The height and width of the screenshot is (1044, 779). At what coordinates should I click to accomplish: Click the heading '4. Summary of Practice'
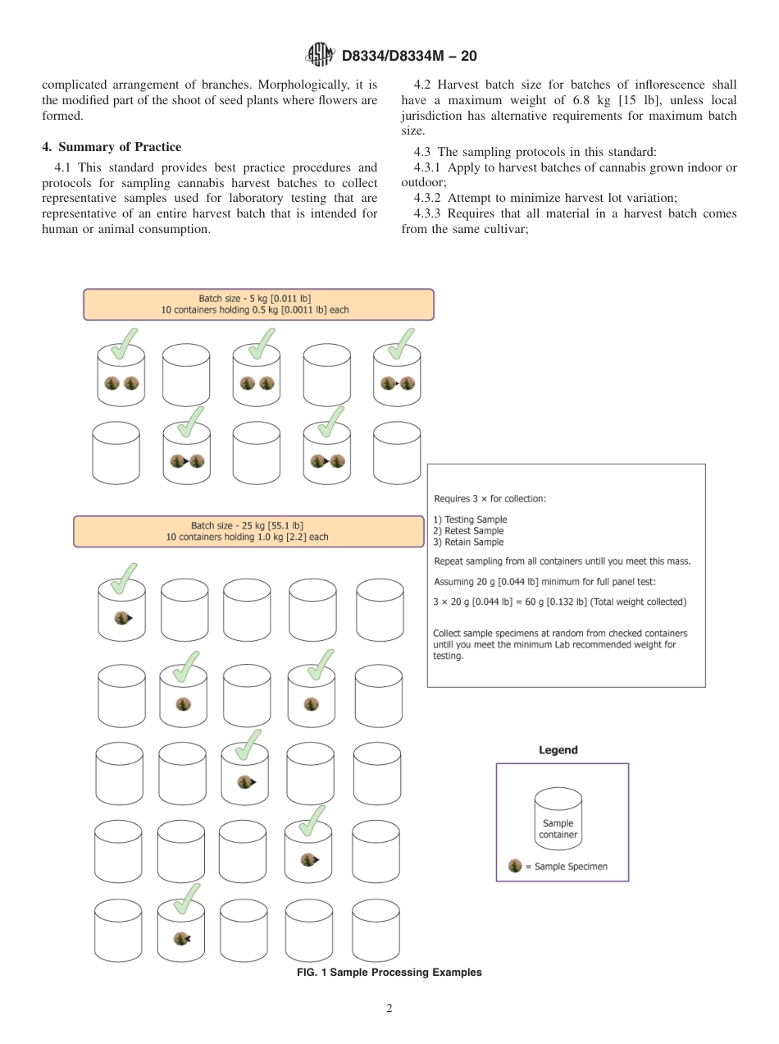click(112, 147)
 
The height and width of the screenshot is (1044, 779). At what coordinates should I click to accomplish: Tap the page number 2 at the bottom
click(389, 1008)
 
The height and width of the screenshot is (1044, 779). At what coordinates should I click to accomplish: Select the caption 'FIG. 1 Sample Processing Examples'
click(389, 973)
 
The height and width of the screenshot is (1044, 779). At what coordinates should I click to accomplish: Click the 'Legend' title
click(558, 750)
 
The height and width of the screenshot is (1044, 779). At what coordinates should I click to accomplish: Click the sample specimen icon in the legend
click(515, 866)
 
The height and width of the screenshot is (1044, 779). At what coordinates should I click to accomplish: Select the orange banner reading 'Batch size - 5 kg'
click(258, 304)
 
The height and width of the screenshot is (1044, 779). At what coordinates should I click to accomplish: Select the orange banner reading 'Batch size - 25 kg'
click(248, 531)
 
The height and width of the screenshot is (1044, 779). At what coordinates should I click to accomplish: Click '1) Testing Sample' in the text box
click(470, 520)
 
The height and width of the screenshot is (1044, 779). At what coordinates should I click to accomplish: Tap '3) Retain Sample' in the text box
click(468, 543)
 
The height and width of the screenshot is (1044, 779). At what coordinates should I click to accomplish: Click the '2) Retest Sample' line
click(468, 531)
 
